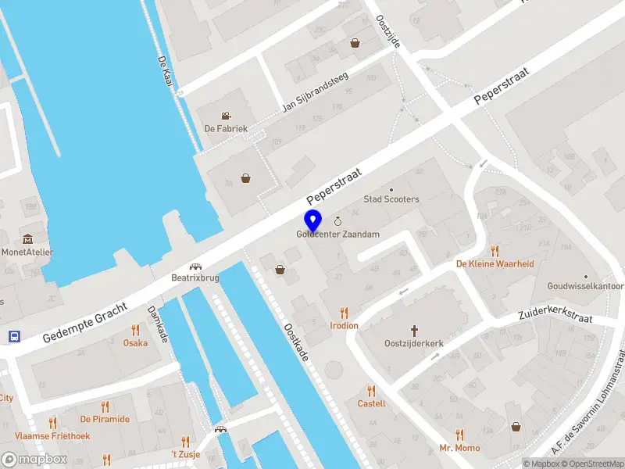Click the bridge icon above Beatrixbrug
tap(195, 265)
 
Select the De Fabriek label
tap(226, 128)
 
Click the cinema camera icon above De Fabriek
tap(226, 116)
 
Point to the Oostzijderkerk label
tap(414, 343)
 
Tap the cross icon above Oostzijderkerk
tap(414, 331)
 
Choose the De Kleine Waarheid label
tap(495, 263)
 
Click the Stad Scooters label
tap(391, 199)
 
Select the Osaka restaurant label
tap(135, 342)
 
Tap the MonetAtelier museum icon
tap(28, 238)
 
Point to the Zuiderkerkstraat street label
tap(555, 317)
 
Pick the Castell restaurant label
tap(371, 403)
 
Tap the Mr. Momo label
tap(459, 448)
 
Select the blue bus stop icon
tap(14, 336)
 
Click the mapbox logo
tap(34, 460)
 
